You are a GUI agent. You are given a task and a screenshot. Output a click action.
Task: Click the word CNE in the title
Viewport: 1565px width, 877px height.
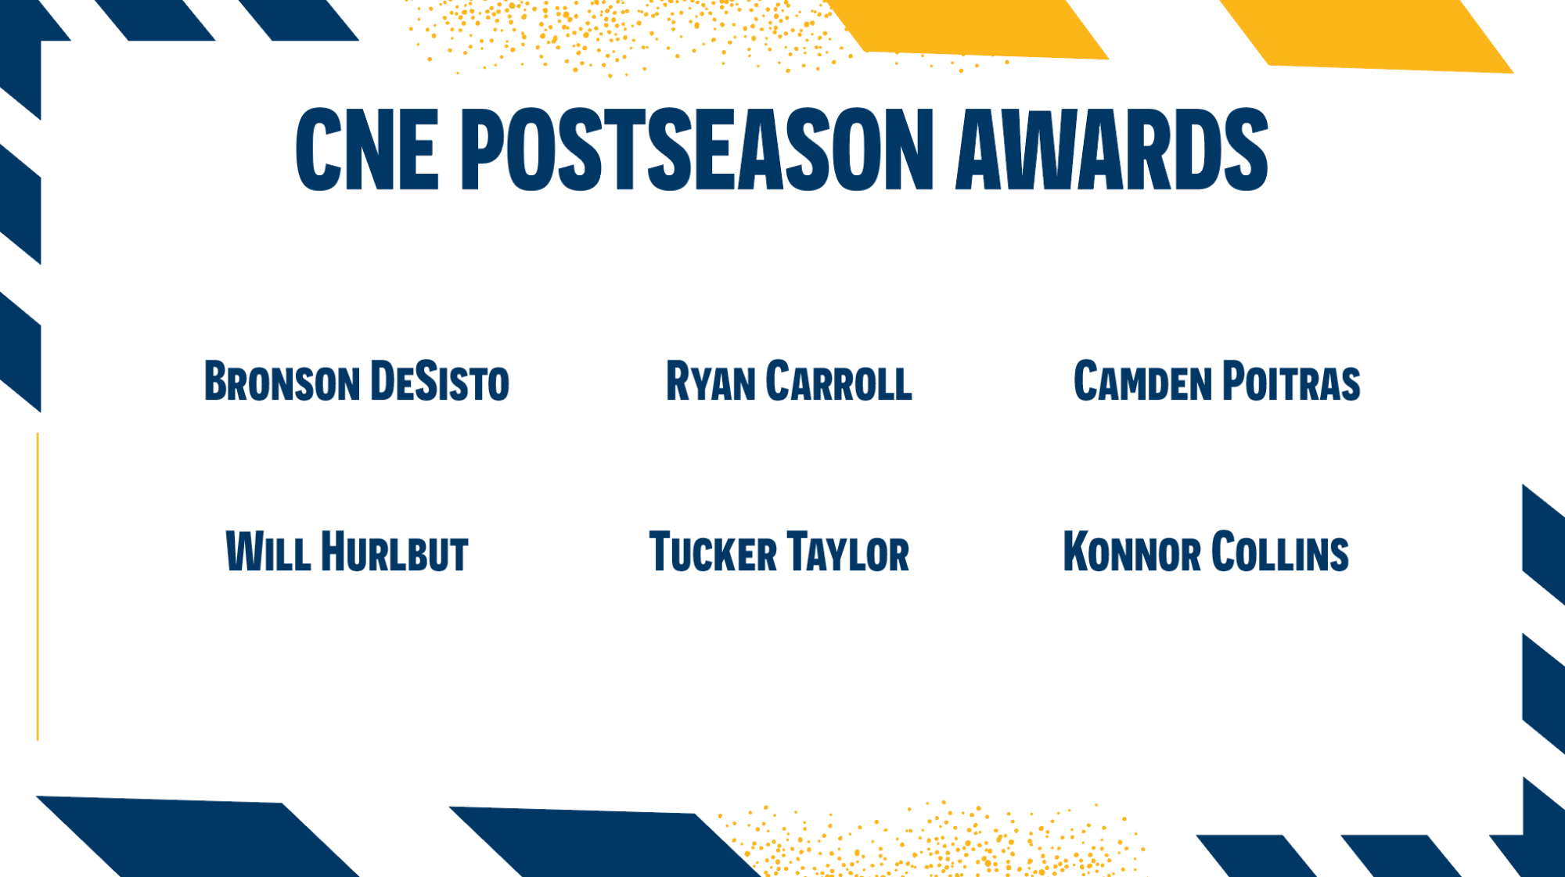[x=367, y=149]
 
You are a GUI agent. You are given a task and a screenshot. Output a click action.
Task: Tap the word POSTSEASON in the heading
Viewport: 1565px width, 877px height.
[x=697, y=149]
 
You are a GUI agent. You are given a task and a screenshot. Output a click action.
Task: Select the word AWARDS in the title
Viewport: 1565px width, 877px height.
[x=1112, y=149]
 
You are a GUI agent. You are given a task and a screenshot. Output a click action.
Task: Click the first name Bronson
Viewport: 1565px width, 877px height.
[x=282, y=381]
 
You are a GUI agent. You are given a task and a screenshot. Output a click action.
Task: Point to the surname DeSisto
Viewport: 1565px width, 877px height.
[x=440, y=381]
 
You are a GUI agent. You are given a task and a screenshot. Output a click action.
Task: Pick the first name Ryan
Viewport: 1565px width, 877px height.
[x=711, y=381]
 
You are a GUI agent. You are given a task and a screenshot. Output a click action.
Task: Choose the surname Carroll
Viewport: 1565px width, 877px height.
[x=839, y=381]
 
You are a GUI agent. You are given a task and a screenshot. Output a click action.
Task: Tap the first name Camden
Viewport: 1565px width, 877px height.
[x=1142, y=381]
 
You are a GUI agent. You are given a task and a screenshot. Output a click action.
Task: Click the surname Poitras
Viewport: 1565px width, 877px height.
[x=1291, y=381]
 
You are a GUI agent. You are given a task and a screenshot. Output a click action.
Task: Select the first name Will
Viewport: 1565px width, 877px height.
[x=268, y=552]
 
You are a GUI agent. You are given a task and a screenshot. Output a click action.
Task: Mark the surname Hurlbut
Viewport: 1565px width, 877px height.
[x=395, y=552]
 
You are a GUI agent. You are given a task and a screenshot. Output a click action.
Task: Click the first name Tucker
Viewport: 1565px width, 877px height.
[x=713, y=552]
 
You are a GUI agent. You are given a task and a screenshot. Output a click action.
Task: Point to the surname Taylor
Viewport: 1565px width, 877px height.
[x=848, y=552]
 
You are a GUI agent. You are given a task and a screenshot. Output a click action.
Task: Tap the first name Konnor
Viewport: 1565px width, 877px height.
[x=1131, y=552]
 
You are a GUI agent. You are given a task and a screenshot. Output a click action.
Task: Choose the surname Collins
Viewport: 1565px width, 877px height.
[x=1280, y=552]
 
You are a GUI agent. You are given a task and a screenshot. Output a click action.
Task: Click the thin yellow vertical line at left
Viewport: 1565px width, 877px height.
[x=38, y=586]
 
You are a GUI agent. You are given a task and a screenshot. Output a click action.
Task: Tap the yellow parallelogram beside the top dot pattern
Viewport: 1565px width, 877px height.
[x=967, y=29]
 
